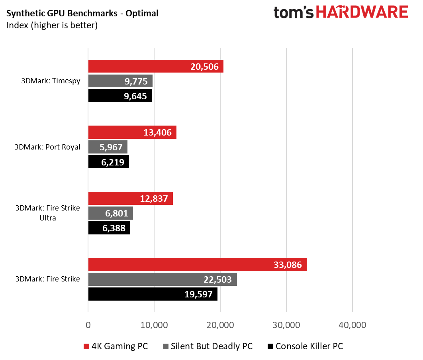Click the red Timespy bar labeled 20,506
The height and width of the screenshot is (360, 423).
tap(155, 66)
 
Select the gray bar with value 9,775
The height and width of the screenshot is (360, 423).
tap(120, 81)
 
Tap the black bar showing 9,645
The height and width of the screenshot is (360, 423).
tap(119, 96)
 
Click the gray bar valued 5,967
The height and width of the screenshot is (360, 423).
tap(108, 147)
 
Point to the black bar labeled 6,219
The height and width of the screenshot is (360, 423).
tap(108, 162)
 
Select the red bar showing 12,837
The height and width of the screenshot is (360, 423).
tap(130, 198)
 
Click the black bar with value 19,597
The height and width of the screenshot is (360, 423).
tap(153, 294)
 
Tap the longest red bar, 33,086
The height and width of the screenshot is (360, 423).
tap(197, 264)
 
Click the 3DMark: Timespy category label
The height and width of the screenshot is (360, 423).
tap(51, 81)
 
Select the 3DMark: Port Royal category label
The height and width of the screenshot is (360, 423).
tap(47, 147)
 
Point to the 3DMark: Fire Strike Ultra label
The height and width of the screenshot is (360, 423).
tap(47, 213)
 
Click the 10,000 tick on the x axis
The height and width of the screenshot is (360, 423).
tap(154, 325)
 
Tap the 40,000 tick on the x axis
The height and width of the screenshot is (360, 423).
tap(352, 325)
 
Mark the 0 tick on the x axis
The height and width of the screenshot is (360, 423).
tap(88, 325)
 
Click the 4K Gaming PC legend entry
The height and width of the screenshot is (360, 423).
tap(116, 346)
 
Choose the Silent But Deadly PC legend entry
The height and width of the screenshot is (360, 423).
tap(208, 346)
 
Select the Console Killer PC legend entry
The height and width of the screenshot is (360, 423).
tap(305, 346)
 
